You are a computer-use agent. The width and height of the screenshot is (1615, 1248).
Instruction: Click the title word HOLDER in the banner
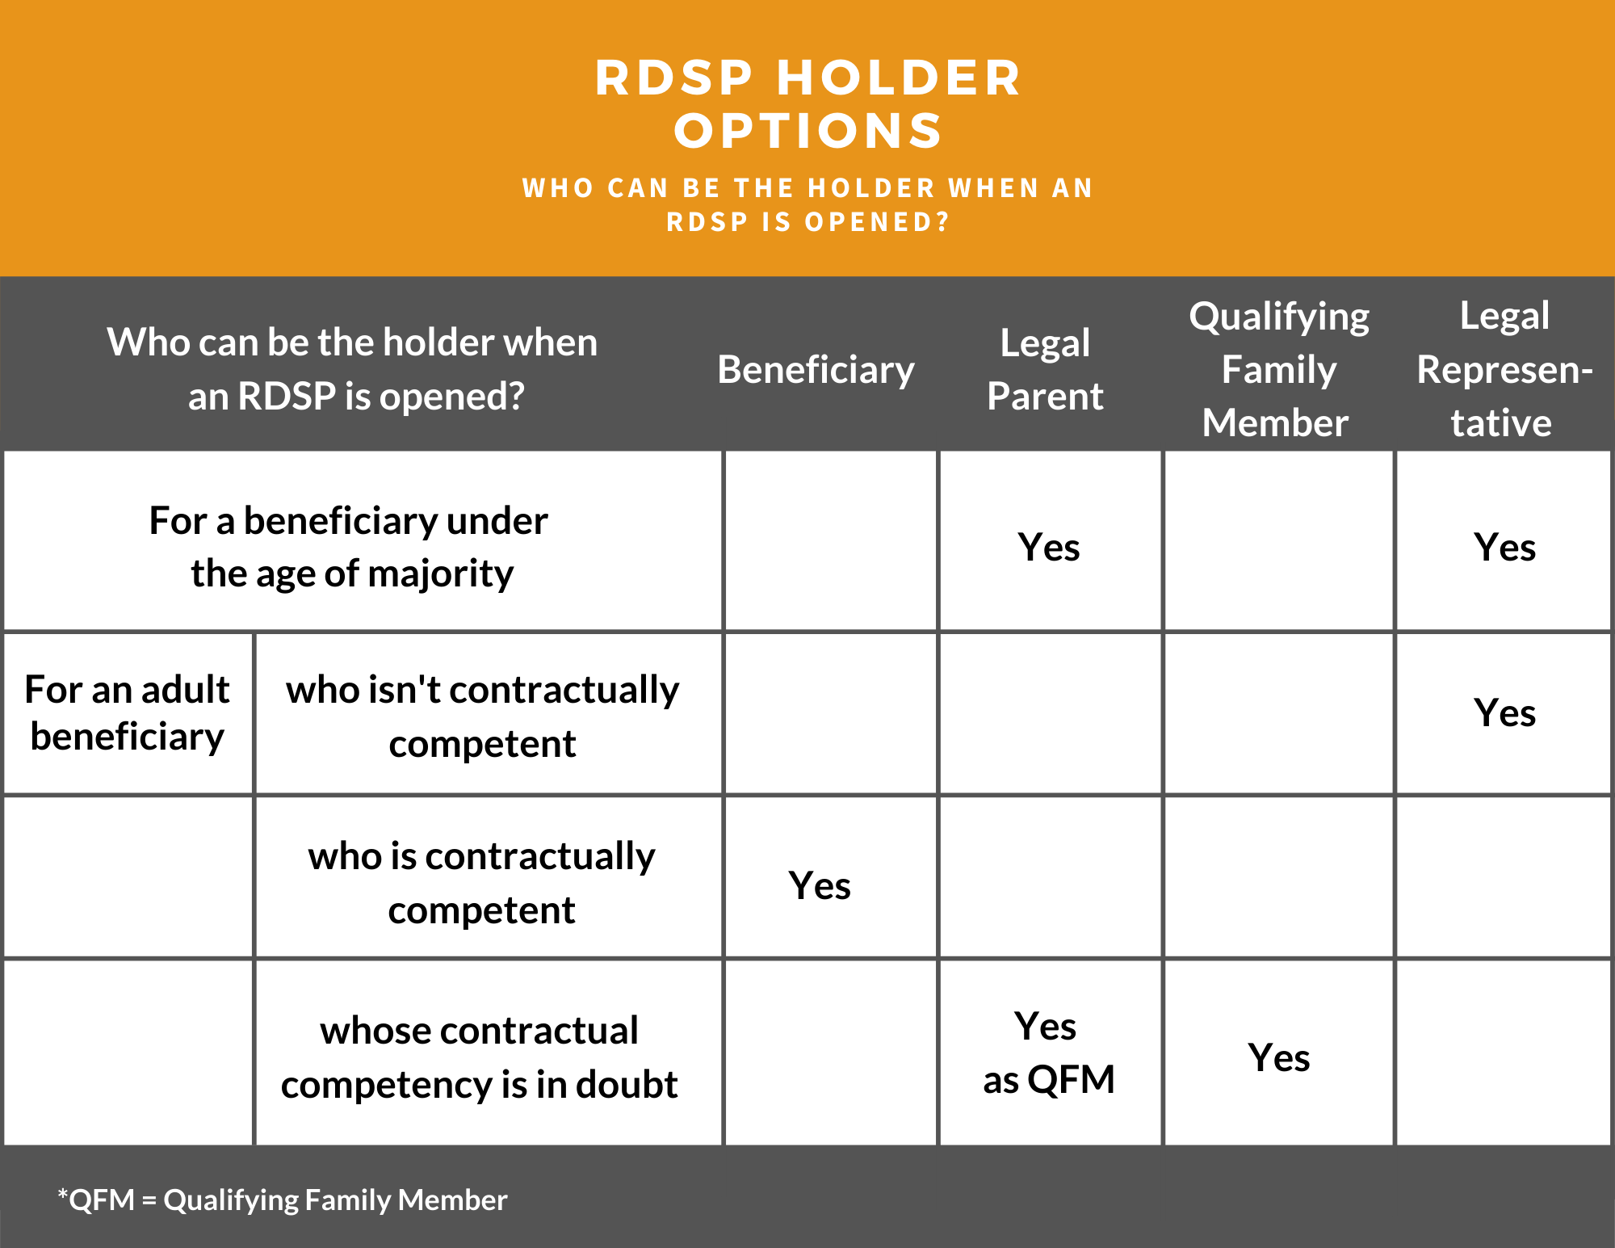[x=899, y=78]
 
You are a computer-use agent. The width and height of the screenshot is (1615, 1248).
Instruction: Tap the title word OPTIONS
[x=808, y=131]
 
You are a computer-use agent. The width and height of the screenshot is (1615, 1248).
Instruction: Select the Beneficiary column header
[x=816, y=370]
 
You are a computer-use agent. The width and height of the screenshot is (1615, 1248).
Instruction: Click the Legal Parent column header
[x=1045, y=369]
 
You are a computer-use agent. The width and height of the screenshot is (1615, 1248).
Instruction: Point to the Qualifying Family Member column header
[x=1279, y=369]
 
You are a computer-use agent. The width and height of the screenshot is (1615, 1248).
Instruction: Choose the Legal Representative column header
[x=1504, y=369]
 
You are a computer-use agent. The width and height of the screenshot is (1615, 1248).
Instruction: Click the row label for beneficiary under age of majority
[x=350, y=547]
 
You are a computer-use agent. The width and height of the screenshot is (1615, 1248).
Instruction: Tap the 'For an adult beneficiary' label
[x=128, y=712]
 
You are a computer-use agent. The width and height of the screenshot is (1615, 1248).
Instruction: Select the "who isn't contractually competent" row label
[x=483, y=716]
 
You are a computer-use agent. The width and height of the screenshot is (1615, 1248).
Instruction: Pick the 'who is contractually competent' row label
[x=482, y=883]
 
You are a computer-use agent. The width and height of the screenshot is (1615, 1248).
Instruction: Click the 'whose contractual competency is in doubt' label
[x=480, y=1057]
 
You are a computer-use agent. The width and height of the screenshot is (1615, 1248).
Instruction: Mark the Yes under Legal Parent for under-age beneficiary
[x=1049, y=548]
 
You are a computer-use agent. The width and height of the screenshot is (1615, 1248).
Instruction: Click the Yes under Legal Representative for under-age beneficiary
[x=1504, y=548]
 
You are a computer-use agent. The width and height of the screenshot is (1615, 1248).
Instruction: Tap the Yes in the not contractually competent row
[x=1504, y=713]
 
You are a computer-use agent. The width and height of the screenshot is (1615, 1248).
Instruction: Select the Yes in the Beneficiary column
[x=820, y=886]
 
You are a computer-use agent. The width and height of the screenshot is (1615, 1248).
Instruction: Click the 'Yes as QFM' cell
[x=1048, y=1053]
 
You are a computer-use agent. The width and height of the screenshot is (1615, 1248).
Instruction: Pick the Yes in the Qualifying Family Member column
[x=1279, y=1058]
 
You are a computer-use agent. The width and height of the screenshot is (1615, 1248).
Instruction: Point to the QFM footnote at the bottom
[x=283, y=1200]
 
